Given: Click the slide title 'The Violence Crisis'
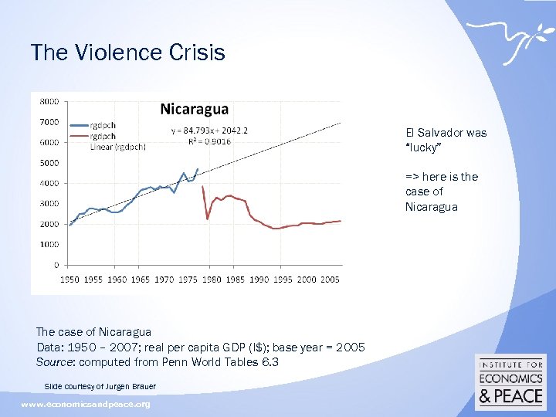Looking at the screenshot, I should click(x=127, y=53).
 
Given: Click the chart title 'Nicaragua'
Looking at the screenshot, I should click(x=194, y=110).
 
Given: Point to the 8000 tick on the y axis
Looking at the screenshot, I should click(x=49, y=101).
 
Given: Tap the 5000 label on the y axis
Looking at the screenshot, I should click(x=49, y=163).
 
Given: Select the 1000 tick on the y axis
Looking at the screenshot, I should click(x=49, y=245).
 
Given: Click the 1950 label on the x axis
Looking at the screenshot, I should click(x=70, y=279).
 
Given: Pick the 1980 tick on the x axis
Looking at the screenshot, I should click(x=212, y=279).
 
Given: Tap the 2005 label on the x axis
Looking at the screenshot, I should click(x=330, y=279).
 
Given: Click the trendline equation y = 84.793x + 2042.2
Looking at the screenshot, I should click(x=209, y=131).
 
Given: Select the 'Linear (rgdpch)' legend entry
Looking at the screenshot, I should click(x=113, y=147).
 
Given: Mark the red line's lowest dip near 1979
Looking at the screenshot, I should click(x=207, y=219).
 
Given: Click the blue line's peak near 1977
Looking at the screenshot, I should click(x=198, y=168).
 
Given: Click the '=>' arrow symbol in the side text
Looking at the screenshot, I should click(x=412, y=177).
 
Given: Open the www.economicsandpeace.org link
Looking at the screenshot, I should click(x=86, y=404).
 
